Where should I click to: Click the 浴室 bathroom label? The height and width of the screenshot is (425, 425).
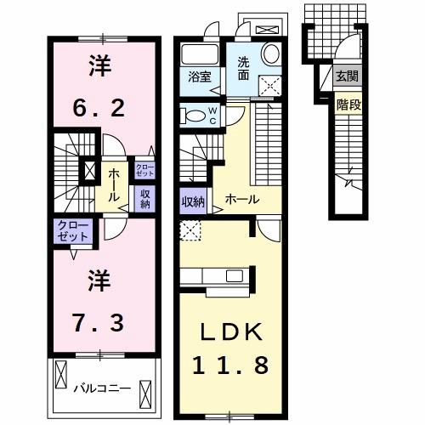coord(201,74)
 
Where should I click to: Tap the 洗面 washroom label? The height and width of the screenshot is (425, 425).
coord(243,67)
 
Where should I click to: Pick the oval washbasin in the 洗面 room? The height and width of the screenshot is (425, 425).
coord(271,54)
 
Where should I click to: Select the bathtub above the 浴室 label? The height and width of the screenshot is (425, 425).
coord(201,52)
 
